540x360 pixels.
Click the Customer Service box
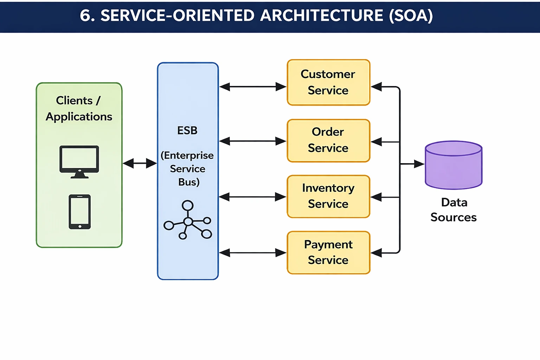pyautogui.click(x=328, y=82)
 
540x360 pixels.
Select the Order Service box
pyautogui.click(x=328, y=140)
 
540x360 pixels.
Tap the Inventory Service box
pyautogui.click(x=328, y=196)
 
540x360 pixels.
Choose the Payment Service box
pyautogui.click(x=328, y=252)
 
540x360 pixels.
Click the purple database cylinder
pyautogui.click(x=454, y=165)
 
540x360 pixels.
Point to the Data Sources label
pyautogui.click(x=454, y=210)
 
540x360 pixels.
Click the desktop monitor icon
pyautogui.click(x=79, y=161)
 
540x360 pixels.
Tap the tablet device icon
pyautogui.click(x=79, y=212)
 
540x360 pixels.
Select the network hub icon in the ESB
pyautogui.click(x=188, y=220)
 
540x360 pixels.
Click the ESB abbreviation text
pyautogui.click(x=187, y=130)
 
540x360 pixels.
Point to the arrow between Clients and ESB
pyautogui.click(x=140, y=163)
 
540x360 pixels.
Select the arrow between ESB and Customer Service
pyautogui.click(x=252, y=86)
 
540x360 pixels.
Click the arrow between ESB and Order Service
pyautogui.click(x=252, y=141)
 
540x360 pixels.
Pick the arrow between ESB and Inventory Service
pyautogui.click(x=252, y=197)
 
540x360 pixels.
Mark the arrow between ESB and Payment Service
pyautogui.click(x=252, y=252)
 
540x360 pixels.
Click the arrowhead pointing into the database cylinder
pyautogui.click(x=419, y=164)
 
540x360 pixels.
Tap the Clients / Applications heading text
pyautogui.click(x=79, y=108)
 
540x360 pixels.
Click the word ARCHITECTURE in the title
pyautogui.click(x=322, y=15)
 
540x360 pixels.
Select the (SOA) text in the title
pyautogui.click(x=411, y=15)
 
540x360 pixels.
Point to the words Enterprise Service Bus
pyautogui.click(x=187, y=169)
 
